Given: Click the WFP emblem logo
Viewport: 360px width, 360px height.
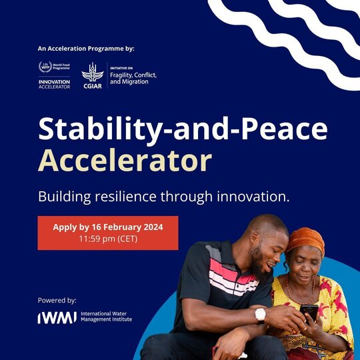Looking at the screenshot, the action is (x=45, y=67).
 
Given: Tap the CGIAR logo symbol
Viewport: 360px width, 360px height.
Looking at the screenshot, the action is (x=93, y=72).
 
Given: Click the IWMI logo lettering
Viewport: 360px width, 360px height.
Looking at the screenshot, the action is (x=57, y=317).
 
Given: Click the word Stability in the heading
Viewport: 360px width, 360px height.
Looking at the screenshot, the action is (x=100, y=129).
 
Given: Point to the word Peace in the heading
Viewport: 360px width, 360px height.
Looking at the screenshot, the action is (x=285, y=129).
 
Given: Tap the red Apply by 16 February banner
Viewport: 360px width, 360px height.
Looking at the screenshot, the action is (x=108, y=233).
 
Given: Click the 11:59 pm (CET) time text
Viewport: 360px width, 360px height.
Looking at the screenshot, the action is (x=108, y=239).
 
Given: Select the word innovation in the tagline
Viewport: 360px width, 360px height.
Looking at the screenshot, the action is (x=253, y=197).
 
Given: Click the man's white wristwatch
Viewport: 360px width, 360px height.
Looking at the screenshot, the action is (x=261, y=314).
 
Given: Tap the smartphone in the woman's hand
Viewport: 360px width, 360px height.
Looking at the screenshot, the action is (x=309, y=313).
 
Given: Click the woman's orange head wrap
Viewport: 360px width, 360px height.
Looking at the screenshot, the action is (x=305, y=240).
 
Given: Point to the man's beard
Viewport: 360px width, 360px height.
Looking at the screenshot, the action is (x=259, y=263).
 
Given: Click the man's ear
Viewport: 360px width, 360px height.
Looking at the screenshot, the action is (x=255, y=238).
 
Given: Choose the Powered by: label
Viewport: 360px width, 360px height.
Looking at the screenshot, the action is (x=57, y=300).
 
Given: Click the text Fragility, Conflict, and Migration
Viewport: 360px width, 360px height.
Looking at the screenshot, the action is (x=133, y=79).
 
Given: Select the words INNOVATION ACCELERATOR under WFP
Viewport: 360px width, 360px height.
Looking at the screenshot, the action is (x=55, y=84).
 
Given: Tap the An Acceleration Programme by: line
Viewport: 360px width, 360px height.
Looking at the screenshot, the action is (x=86, y=49).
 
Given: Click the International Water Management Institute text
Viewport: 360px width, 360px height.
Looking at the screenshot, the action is (x=106, y=317).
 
